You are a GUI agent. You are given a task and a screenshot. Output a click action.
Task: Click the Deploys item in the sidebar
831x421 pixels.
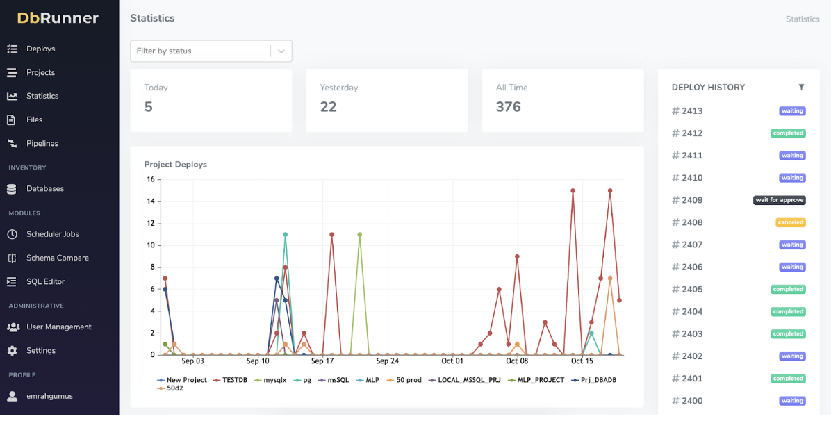tap(40, 49)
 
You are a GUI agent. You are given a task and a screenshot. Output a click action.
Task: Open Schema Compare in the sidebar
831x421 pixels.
tap(57, 258)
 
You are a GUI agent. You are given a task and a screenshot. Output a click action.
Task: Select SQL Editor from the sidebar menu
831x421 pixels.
tap(45, 281)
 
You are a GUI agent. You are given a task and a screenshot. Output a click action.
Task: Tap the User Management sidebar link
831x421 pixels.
tap(58, 327)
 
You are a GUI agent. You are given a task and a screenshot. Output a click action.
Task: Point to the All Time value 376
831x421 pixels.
tap(508, 107)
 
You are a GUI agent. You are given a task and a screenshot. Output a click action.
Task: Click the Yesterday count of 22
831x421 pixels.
tap(328, 107)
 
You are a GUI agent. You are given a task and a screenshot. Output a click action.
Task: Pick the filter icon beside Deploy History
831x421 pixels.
tap(801, 88)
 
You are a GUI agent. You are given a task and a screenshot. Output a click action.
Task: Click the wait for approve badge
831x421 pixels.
tap(779, 200)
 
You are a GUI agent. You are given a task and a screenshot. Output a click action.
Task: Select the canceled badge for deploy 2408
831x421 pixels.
tap(790, 222)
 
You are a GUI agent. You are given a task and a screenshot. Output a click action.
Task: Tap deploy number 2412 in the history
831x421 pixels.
tap(691, 133)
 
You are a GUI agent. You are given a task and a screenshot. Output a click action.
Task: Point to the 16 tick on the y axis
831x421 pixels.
tap(151, 179)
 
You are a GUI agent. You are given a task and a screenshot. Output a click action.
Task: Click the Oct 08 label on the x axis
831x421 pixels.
tap(517, 361)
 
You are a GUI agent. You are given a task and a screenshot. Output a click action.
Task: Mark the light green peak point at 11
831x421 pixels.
tap(359, 234)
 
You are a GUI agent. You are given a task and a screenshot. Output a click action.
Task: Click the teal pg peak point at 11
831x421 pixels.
tap(285, 234)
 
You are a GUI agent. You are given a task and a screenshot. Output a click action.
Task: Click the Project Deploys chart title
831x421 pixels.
tap(175, 165)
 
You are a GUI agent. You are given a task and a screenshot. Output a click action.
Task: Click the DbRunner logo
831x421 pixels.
tap(58, 18)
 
